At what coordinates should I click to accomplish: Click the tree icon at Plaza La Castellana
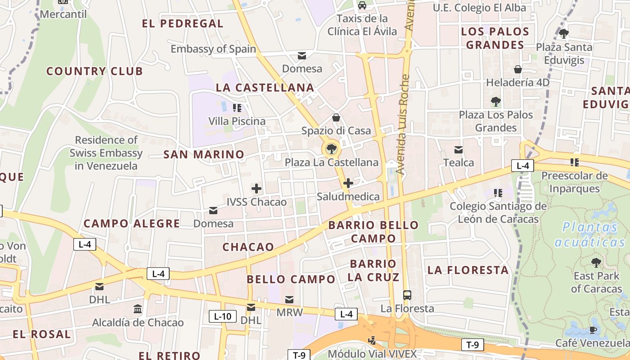331,148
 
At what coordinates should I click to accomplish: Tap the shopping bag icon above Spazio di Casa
336,118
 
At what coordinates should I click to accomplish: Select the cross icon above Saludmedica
348,183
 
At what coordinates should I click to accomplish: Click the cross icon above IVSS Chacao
256,189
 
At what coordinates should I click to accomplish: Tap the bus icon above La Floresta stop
407,295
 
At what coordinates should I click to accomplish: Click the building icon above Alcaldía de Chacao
138,309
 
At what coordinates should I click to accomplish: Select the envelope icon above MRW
289,299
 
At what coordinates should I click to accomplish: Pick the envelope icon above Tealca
459,149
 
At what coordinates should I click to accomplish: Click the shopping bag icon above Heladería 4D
518,69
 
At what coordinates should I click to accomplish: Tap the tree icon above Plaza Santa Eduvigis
563,33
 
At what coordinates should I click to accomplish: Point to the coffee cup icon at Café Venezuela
593,330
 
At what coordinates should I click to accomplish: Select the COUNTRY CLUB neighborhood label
94,71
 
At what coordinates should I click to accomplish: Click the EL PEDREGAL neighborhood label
183,23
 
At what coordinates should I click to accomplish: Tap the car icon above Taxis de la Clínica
362,5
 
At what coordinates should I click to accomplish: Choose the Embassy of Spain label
213,49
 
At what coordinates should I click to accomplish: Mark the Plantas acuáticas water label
590,234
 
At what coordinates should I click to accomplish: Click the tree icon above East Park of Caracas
596,262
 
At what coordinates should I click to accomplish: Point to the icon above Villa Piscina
237,108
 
